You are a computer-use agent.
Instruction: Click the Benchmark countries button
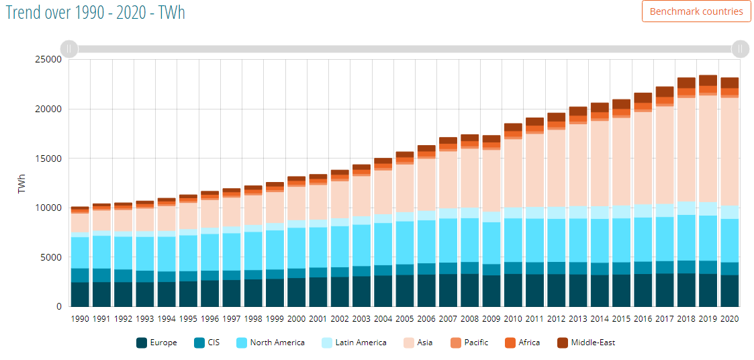point(696,11)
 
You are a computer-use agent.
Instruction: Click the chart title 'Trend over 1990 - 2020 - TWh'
point(95,12)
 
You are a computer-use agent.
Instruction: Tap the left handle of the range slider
point(69,48)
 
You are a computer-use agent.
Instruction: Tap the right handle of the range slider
point(740,48)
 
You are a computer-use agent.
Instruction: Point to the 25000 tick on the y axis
point(48,59)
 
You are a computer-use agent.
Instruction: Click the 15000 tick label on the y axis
point(48,159)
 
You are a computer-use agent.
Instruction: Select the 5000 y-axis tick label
point(51,257)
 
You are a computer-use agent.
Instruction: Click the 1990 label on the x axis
point(80,318)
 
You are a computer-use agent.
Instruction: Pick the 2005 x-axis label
point(405,318)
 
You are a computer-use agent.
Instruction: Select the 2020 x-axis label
point(729,318)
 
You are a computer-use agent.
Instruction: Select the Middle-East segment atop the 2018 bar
point(686,83)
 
